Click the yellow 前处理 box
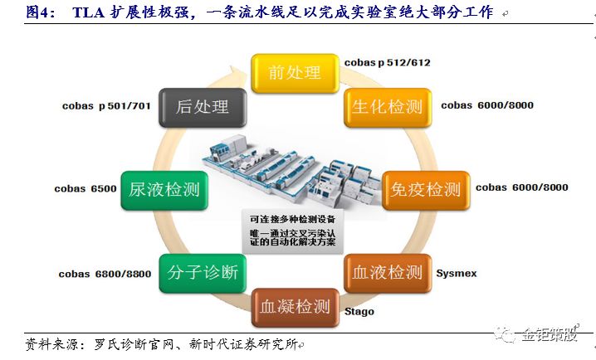(295, 73)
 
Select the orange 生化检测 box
(388, 107)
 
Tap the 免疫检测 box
(425, 189)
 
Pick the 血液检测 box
(388, 272)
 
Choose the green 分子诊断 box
(202, 272)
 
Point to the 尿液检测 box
(164, 189)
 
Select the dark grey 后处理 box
(202, 107)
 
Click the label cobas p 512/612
(388, 62)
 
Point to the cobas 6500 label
(85, 188)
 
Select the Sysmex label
(456, 272)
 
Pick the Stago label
(359, 312)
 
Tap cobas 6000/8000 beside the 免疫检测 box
(522, 187)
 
